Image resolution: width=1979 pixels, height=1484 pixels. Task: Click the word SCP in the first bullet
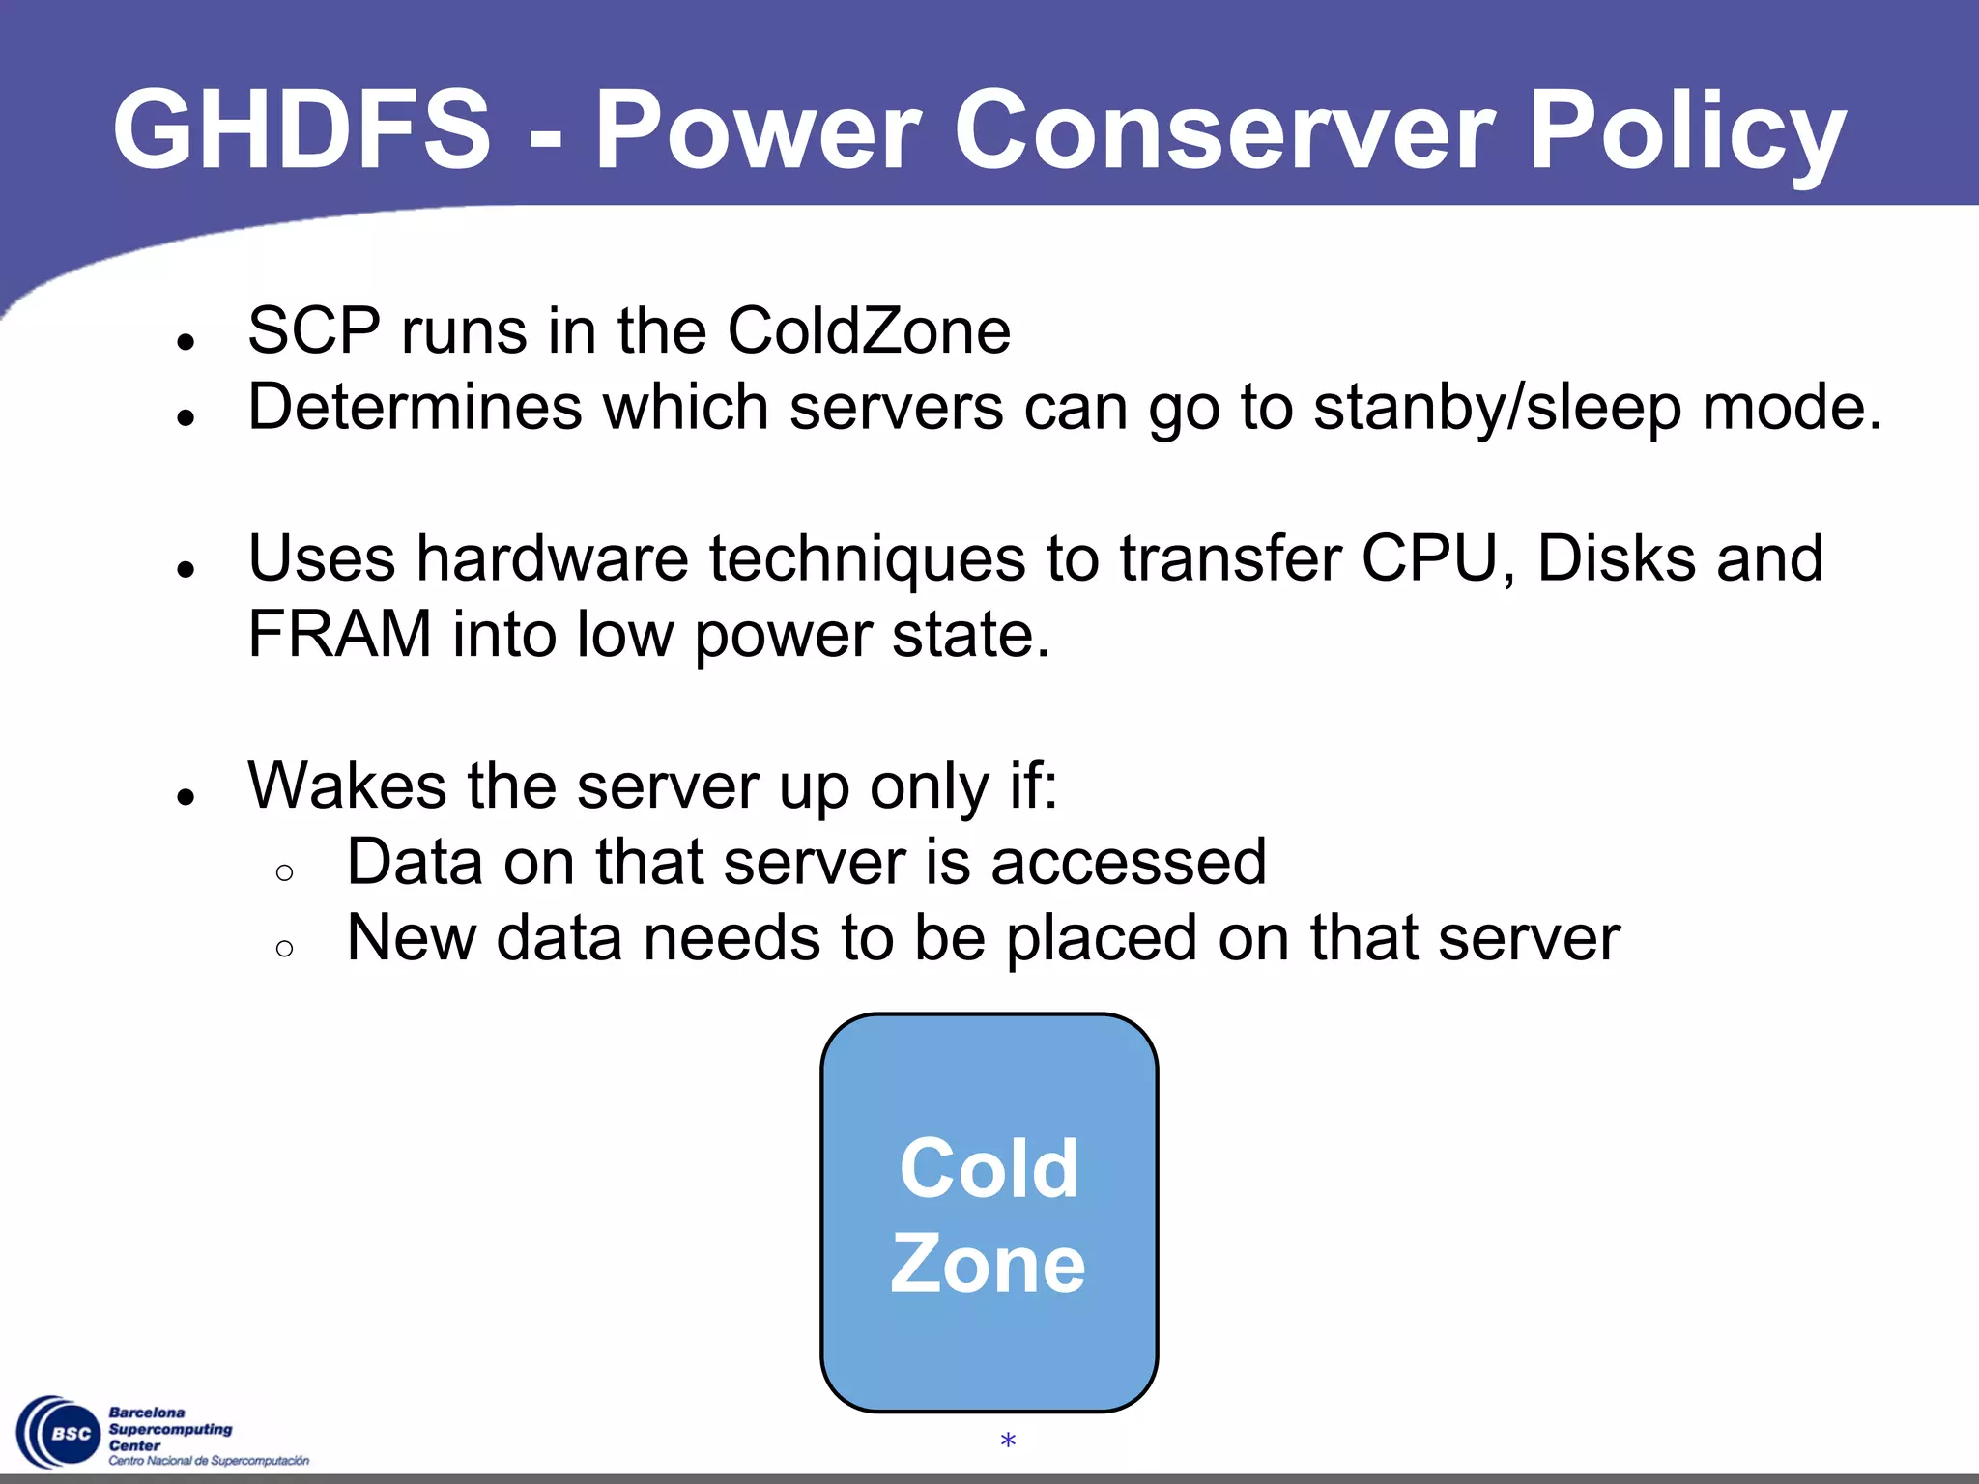pos(314,330)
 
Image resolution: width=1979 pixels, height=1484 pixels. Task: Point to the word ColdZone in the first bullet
pos(869,330)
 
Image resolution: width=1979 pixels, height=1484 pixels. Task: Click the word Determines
pos(415,407)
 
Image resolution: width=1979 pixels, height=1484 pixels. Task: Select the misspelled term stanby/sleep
pos(1497,409)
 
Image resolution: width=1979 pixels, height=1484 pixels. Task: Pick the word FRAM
pos(339,635)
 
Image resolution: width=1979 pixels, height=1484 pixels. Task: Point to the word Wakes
pos(347,785)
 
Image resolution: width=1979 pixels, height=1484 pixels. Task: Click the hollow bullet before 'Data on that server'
pos(284,873)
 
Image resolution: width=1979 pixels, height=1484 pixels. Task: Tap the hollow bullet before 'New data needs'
pos(284,949)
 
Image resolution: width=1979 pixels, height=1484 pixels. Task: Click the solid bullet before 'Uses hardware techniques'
pos(186,570)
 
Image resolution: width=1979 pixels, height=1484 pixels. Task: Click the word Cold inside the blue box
pos(989,1168)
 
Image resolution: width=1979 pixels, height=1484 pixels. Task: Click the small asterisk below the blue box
pos(1008,1441)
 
